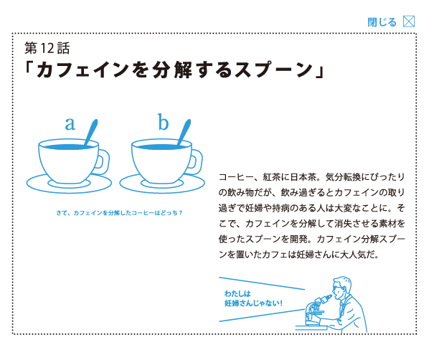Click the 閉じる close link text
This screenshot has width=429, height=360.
pos(382,22)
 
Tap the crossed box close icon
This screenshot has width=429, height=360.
pos(409,22)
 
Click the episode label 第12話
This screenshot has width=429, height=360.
pos(47,48)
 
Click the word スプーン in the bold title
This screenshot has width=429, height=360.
pos(273,70)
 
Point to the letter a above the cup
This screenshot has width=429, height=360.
pos(70,123)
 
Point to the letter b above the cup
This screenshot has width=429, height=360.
pos(163,122)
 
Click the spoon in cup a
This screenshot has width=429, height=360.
pos(91,132)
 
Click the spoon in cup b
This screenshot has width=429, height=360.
pos(184,132)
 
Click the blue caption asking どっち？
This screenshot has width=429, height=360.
pos(119,213)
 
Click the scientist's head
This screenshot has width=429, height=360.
pos(341,288)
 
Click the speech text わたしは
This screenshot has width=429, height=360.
pos(237,294)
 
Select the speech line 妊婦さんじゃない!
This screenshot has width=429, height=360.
pos(253,303)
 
